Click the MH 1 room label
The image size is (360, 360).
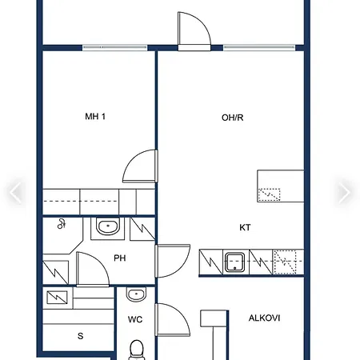[95, 117]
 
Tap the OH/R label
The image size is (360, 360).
[232, 118]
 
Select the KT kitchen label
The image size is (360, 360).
[245, 227]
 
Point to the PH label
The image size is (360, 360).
[120, 258]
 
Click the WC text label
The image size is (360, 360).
[135, 319]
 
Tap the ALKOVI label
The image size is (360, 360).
[264, 318]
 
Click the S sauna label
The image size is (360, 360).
[80, 336]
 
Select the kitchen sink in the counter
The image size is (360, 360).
[234, 262]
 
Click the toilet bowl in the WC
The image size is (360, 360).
[137, 350]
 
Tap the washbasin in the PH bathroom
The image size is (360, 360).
[108, 226]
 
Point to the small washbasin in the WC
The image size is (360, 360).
[136, 294]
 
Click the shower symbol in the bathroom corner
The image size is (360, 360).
[62, 224]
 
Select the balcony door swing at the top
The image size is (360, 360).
[194, 30]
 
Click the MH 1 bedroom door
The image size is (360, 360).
[140, 166]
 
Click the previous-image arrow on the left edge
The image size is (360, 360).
[15, 192]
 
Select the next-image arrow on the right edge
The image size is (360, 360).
[345, 192]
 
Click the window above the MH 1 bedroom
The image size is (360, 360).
[115, 48]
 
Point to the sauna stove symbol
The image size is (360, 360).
[57, 298]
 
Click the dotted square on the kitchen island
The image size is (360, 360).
[269, 194]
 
